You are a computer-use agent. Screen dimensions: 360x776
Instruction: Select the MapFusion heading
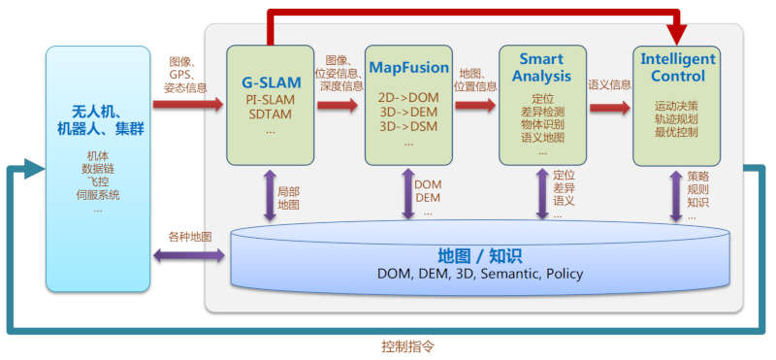click(x=407, y=68)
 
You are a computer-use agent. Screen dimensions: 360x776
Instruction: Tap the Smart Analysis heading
click(x=540, y=68)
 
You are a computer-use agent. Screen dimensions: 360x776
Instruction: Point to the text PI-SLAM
click(x=271, y=100)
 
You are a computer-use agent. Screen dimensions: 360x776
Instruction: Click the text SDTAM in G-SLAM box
click(x=271, y=115)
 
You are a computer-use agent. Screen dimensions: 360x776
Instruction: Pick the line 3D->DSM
click(x=407, y=125)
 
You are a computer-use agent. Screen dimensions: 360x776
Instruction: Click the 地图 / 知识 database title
click(x=479, y=256)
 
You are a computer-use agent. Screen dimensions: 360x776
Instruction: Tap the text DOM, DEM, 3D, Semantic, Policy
click(x=479, y=275)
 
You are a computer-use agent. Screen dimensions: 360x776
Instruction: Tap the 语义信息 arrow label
click(x=608, y=84)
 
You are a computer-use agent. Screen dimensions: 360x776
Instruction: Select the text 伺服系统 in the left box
click(x=98, y=195)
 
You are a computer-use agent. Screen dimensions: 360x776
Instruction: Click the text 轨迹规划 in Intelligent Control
click(x=677, y=117)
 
